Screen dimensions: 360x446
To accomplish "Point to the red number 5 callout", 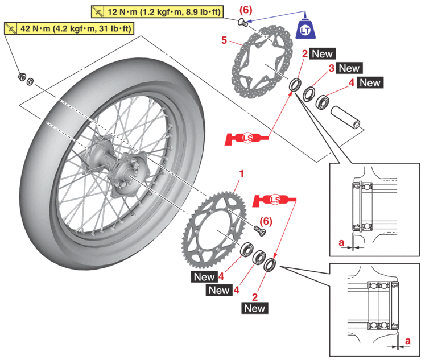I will (224, 40).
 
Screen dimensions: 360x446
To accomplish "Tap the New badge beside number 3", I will (349, 68).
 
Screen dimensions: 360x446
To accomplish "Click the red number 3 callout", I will (331, 68).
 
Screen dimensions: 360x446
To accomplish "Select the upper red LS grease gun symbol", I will (247, 138).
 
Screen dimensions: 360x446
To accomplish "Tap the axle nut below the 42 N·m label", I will (21, 77).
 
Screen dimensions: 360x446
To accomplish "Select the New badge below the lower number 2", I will (254, 308).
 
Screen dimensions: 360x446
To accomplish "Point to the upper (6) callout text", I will (246, 10).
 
